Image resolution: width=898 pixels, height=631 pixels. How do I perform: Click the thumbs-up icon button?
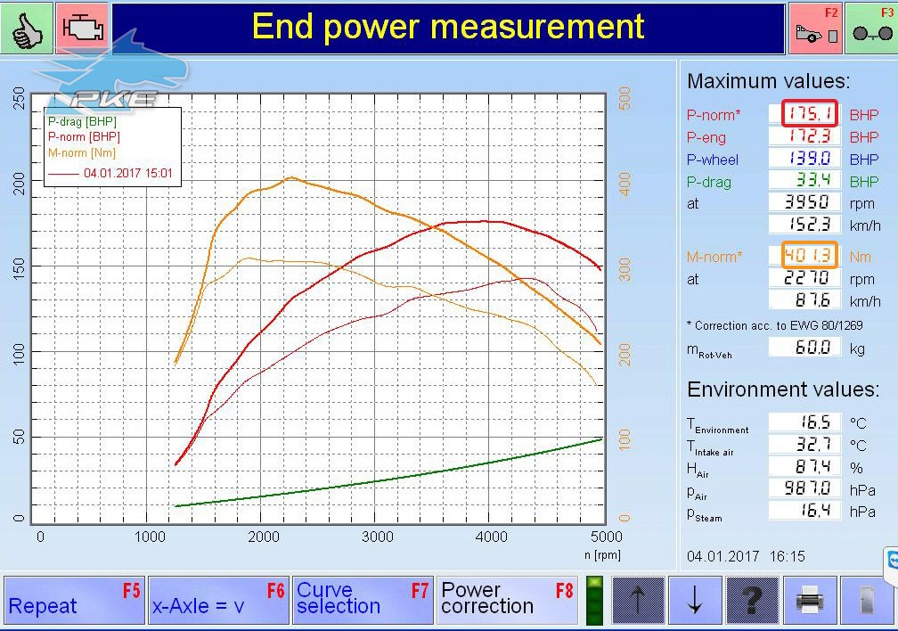[x=27, y=28]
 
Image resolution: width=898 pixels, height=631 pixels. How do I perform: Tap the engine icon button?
[x=83, y=28]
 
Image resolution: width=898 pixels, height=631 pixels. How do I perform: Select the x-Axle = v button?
[x=218, y=600]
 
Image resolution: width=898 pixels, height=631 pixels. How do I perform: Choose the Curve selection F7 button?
[x=363, y=600]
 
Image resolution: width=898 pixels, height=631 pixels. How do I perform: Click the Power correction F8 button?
[x=507, y=600]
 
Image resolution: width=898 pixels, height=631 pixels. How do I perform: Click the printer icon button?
[x=809, y=600]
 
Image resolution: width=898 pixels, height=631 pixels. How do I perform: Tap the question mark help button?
[x=752, y=600]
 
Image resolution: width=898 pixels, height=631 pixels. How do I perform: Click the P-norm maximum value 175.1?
[x=810, y=113]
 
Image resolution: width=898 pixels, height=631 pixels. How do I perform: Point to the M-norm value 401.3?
[x=810, y=255]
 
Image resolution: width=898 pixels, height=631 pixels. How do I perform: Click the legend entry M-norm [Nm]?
[x=82, y=153]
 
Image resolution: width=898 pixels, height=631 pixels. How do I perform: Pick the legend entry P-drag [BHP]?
[x=82, y=121]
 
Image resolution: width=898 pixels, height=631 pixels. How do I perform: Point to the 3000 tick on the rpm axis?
[x=378, y=537]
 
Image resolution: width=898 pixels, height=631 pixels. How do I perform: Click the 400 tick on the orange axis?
[x=625, y=184]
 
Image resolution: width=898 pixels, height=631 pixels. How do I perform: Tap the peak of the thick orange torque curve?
[x=291, y=177]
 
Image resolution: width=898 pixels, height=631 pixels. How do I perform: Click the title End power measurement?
[x=448, y=27]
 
